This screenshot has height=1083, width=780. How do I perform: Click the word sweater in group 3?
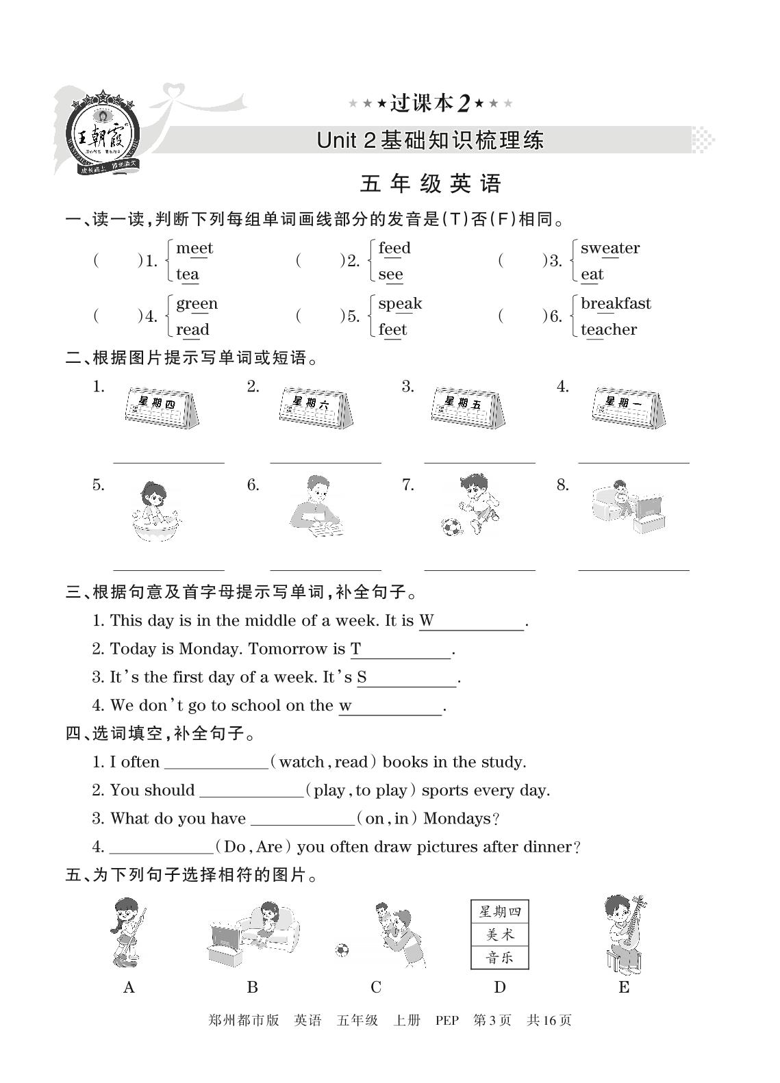[609, 248]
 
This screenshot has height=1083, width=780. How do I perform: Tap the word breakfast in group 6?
[615, 303]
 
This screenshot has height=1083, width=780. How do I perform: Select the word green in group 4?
[197, 304]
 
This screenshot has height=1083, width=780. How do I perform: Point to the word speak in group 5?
[400, 304]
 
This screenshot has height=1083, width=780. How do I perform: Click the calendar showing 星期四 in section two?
[162, 409]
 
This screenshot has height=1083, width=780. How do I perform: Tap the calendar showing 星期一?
[627, 409]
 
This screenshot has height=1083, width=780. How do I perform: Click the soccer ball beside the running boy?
[451, 526]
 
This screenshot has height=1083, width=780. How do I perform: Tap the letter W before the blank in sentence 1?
[426, 621]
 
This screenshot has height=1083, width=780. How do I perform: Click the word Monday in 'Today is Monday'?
[210, 649]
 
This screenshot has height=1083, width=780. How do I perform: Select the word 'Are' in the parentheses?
[269, 848]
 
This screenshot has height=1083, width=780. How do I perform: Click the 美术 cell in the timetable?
[500, 934]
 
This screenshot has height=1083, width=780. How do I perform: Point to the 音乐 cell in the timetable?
[500, 957]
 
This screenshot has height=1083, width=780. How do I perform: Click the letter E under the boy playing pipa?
[624, 987]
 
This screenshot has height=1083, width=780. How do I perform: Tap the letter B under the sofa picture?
[252, 987]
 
